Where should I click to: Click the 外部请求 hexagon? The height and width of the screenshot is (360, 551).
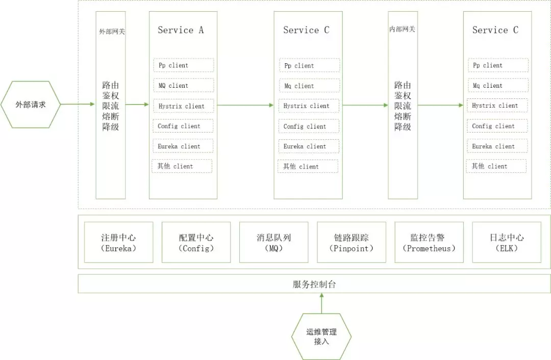(31, 105)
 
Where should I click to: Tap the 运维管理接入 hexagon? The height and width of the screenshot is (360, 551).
(321, 337)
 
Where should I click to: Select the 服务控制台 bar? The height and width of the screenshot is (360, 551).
(314, 284)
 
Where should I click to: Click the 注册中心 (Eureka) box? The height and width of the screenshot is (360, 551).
(119, 242)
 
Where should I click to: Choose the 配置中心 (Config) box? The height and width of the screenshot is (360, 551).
(196, 242)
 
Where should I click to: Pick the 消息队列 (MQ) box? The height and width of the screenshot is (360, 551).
(274, 242)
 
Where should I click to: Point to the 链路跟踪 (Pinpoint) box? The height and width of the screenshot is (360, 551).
(352, 242)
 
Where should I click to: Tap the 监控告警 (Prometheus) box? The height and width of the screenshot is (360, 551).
(429, 242)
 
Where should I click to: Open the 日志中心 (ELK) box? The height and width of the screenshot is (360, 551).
(507, 242)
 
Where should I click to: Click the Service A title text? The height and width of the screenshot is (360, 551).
(181, 30)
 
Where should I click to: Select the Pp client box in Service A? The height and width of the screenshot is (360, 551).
(184, 65)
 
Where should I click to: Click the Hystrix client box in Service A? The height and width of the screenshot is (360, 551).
(184, 106)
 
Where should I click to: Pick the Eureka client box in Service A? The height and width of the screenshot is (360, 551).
(183, 146)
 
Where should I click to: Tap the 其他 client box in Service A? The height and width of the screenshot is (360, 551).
(182, 166)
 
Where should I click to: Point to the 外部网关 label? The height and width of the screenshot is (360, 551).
(112, 32)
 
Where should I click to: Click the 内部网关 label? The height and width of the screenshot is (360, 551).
(402, 29)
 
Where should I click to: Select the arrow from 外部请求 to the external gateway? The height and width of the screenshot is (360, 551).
(78, 104)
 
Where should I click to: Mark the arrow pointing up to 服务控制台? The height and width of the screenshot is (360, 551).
(321, 303)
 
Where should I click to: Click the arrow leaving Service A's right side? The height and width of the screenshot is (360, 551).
(245, 105)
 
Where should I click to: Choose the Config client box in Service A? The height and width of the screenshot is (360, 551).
(183, 126)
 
